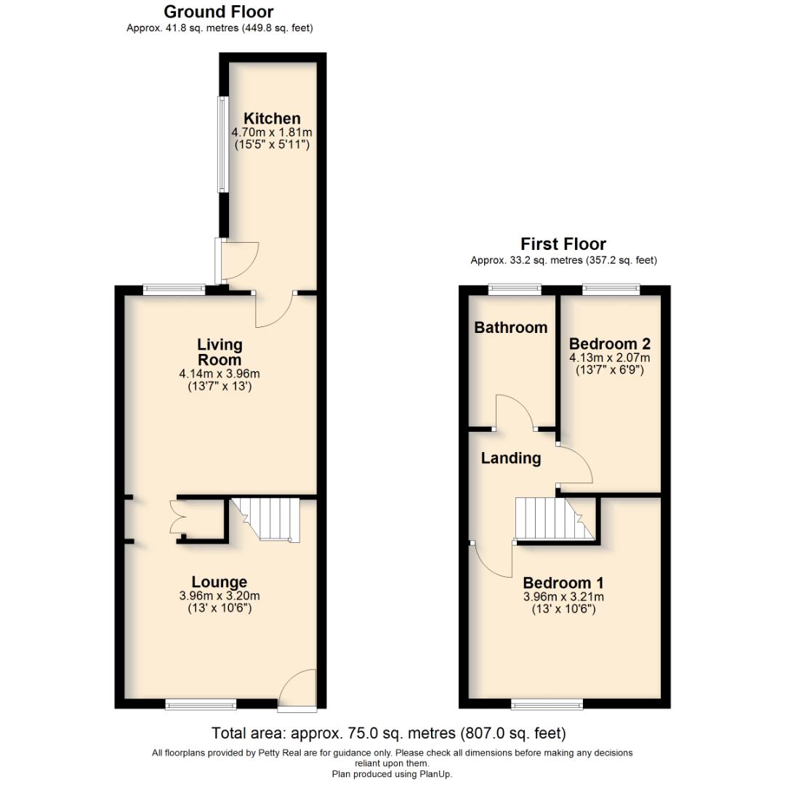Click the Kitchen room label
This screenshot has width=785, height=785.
[271, 118]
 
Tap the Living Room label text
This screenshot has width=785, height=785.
[220, 352]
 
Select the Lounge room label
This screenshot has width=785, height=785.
[219, 582]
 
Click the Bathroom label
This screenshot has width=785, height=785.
[510, 328]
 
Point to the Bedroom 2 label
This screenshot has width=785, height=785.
[609, 344]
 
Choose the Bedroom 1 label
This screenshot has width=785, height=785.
[563, 583]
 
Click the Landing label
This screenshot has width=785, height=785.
[511, 458]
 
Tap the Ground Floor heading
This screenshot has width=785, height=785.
[218, 12]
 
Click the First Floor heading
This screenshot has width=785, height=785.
[563, 244]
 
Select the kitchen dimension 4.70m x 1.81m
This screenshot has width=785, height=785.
[271, 132]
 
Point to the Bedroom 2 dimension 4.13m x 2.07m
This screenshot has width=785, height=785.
[609, 358]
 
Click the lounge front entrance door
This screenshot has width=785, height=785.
[297, 691]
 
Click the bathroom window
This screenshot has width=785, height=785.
[515, 289]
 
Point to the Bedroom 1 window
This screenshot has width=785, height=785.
[547, 704]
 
